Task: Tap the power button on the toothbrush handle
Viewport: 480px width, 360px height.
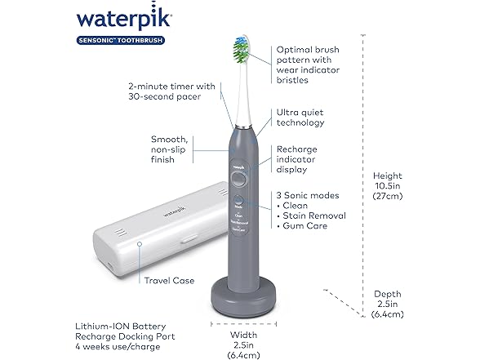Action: pyautogui.click(x=237, y=181)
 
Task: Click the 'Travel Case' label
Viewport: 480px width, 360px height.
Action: pyautogui.click(x=169, y=280)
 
